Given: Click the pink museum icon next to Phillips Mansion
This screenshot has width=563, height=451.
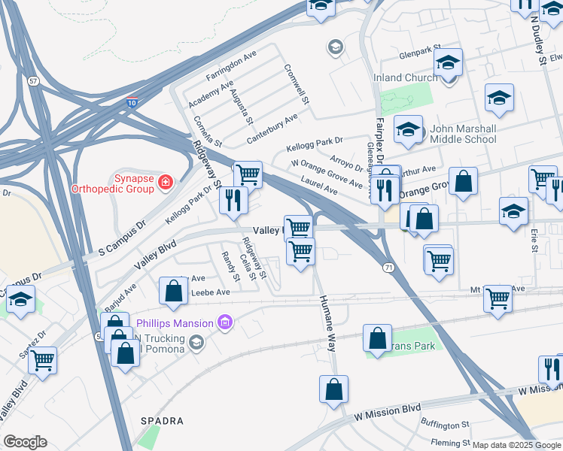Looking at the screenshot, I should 224,323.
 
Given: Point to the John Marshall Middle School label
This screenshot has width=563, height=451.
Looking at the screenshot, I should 462,133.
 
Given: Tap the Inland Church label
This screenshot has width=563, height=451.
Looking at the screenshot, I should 405,77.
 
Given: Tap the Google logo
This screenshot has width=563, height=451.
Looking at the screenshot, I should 25,442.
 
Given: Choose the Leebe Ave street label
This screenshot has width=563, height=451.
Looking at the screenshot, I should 209,292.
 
